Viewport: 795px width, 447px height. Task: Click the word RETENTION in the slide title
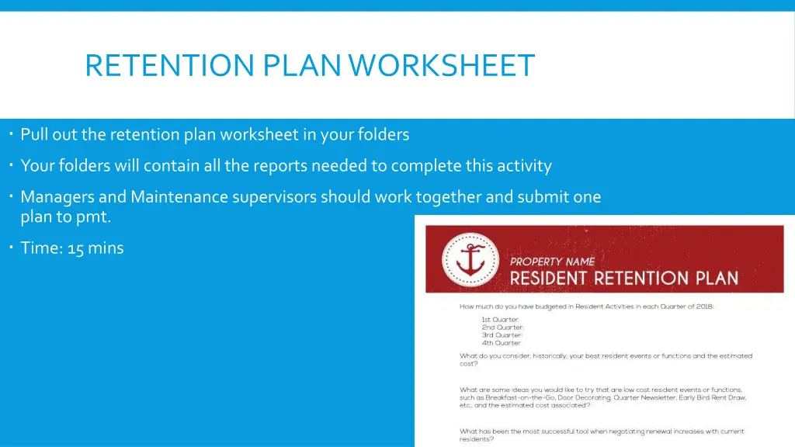click(170, 65)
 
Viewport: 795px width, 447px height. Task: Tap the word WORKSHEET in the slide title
click(442, 65)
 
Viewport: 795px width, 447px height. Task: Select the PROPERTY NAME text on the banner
click(552, 262)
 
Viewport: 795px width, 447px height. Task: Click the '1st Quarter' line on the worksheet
click(501, 320)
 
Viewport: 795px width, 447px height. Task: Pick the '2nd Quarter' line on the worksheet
click(502, 327)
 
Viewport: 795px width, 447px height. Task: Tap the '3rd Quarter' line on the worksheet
click(502, 335)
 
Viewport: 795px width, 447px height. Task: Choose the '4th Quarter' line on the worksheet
click(502, 343)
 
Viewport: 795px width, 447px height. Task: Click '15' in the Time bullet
click(76, 248)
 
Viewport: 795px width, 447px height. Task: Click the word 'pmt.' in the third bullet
click(94, 217)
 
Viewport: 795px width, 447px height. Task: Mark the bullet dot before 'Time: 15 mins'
click(13, 248)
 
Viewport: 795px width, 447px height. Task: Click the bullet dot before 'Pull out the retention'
click(13, 133)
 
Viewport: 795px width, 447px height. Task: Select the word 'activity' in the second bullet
click(525, 165)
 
